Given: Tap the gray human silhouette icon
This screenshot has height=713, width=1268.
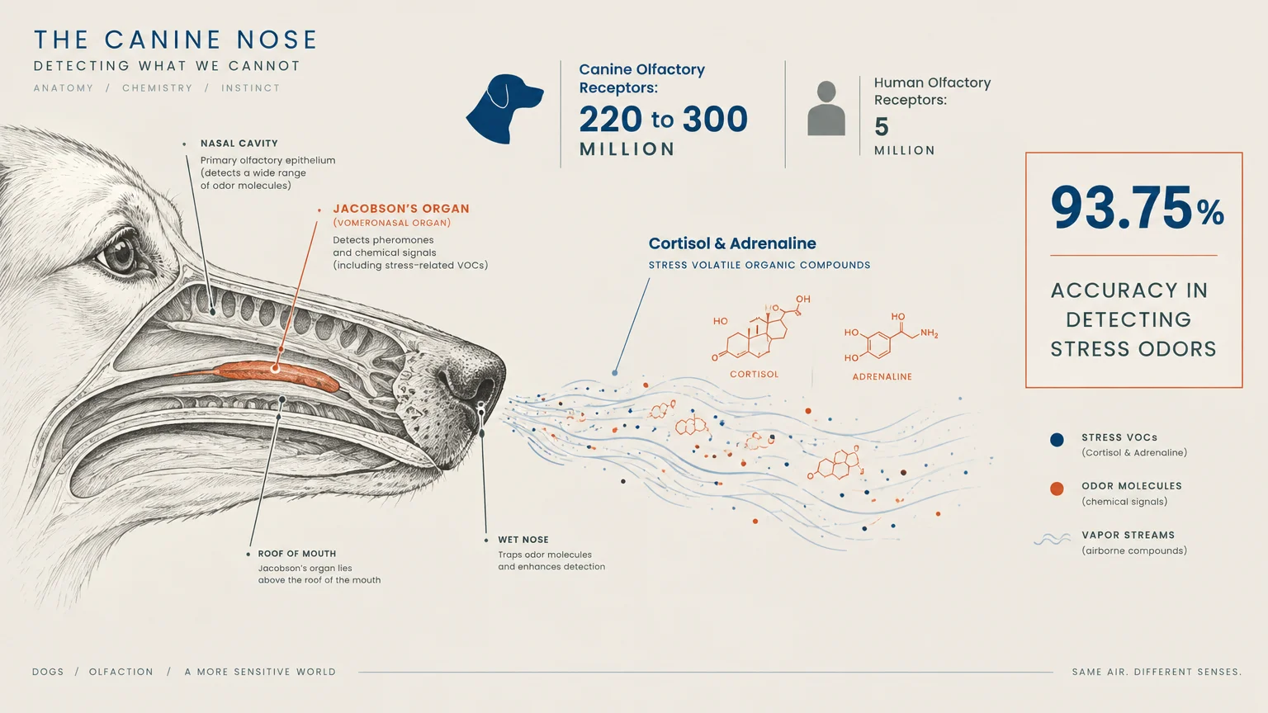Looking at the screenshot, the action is (x=826, y=108).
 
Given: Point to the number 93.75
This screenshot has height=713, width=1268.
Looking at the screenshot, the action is (x=1122, y=207).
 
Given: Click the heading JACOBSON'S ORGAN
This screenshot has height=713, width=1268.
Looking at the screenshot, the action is (x=401, y=208).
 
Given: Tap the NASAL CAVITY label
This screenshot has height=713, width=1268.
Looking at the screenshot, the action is (x=239, y=144).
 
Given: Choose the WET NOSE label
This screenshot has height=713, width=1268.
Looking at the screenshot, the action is (x=523, y=540).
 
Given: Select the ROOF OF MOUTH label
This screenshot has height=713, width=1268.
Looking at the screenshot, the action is (x=296, y=554).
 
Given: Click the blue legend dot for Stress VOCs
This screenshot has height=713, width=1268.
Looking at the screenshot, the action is (x=1057, y=440).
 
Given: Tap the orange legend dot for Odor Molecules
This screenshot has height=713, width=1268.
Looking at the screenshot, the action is (x=1057, y=489).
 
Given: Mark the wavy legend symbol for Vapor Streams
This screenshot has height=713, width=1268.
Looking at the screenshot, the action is (x=1053, y=539).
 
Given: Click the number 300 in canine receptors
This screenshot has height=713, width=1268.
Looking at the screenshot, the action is (x=715, y=120).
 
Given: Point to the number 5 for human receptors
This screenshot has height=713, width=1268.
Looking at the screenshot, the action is (x=882, y=127).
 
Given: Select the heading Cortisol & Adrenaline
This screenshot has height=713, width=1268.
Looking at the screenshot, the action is (x=732, y=243).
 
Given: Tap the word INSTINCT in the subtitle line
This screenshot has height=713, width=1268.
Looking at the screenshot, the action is (x=251, y=88).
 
